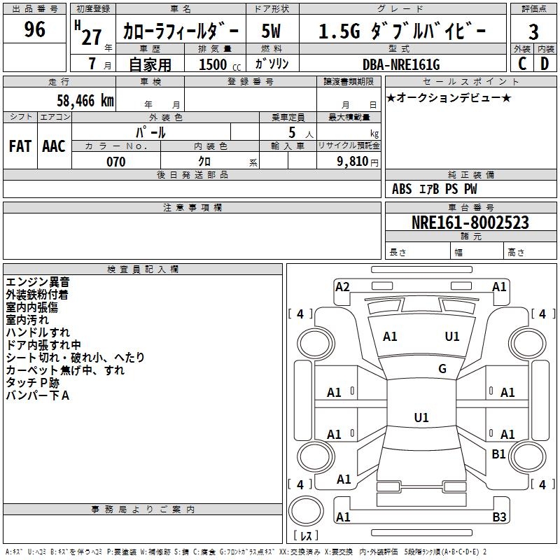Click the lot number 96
click(x=34, y=29)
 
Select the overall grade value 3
click(x=533, y=31)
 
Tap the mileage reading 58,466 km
click(x=85, y=101)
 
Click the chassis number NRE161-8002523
click(x=470, y=222)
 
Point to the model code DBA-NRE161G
click(x=401, y=64)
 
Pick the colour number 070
click(x=116, y=162)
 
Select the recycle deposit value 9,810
click(x=353, y=162)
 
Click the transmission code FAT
click(x=20, y=146)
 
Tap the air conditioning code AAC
click(x=54, y=146)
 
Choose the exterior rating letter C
click(x=522, y=64)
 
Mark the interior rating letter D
click(x=545, y=64)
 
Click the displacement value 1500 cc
click(x=220, y=64)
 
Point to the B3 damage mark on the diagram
click(x=499, y=517)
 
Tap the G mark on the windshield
click(x=442, y=369)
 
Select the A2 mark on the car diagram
click(x=342, y=287)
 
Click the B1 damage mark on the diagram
click(x=498, y=454)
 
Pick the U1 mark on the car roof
click(x=421, y=417)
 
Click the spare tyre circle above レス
click(x=306, y=511)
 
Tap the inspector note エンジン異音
click(x=38, y=282)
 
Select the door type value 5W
click(x=271, y=31)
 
